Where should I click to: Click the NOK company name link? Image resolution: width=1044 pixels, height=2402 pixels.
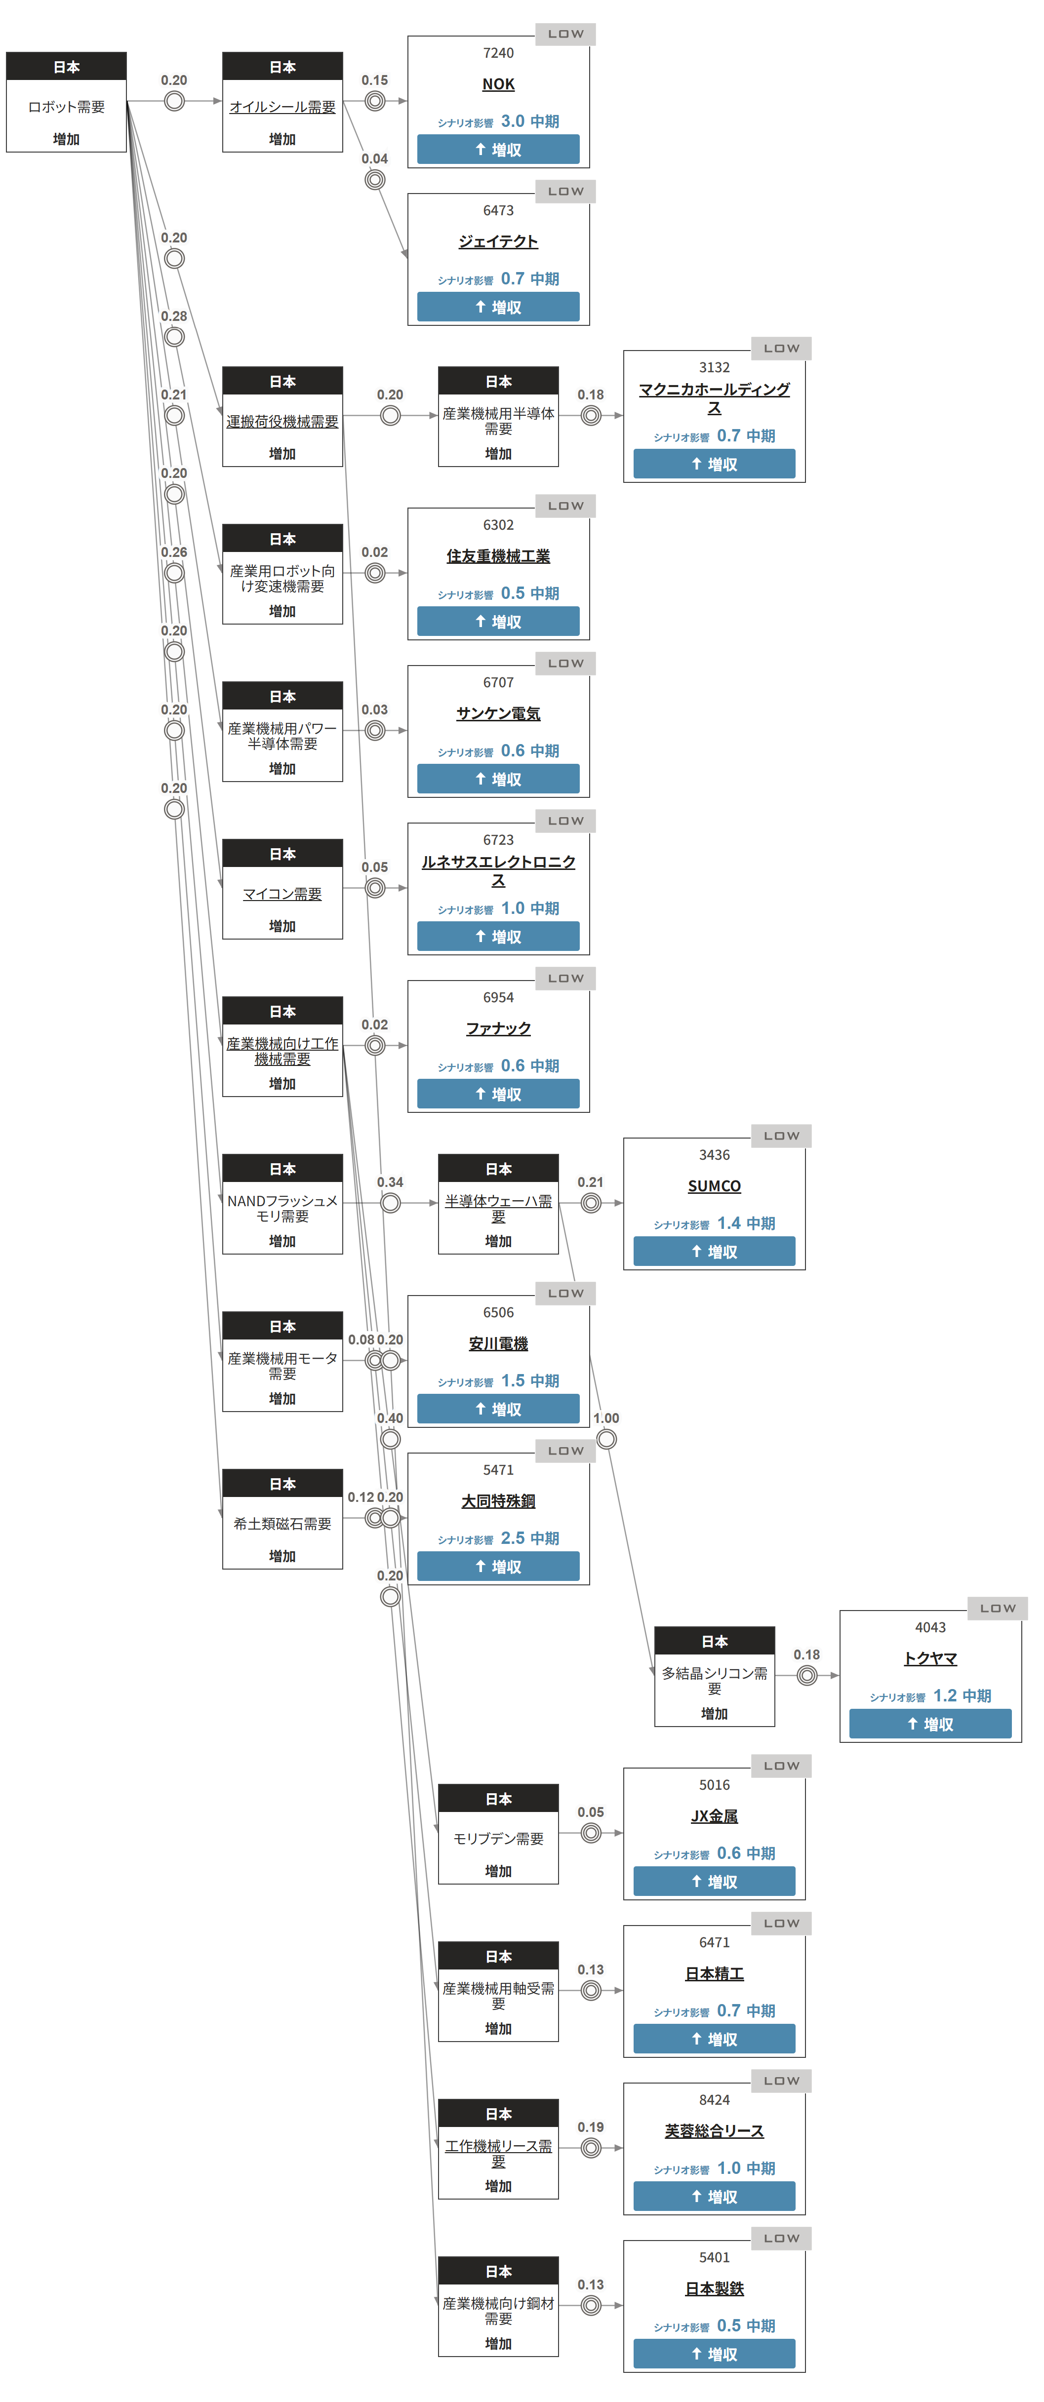(498, 84)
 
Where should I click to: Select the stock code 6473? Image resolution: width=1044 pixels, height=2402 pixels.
(498, 211)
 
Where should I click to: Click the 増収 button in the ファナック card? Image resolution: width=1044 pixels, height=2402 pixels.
(498, 1094)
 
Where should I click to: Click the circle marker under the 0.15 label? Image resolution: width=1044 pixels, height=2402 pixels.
(375, 101)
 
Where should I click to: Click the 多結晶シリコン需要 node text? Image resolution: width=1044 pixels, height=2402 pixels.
(715, 1680)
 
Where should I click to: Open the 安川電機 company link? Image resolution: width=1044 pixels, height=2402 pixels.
(498, 1343)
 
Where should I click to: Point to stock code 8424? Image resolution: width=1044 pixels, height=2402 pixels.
(715, 2100)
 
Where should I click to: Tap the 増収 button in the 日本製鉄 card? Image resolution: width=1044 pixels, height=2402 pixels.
(715, 2354)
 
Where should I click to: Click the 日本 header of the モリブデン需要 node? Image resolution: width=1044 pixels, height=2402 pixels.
(498, 1799)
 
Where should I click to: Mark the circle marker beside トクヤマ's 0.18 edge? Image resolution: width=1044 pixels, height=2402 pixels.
(807, 1676)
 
